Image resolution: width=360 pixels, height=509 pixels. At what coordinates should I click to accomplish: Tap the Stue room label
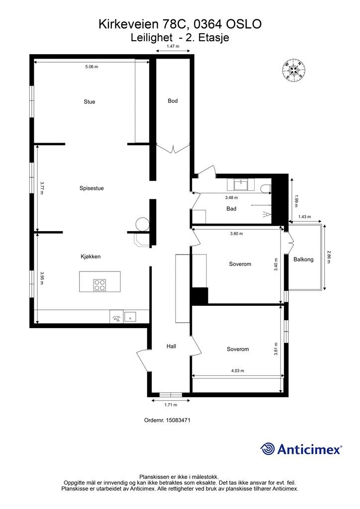pyautogui.click(x=90, y=101)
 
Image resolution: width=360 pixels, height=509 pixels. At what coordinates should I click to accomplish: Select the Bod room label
pyautogui.click(x=173, y=101)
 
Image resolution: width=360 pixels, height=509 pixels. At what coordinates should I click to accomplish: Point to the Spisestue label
pyautogui.click(x=91, y=188)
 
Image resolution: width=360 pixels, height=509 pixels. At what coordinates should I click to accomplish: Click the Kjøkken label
pyautogui.click(x=90, y=256)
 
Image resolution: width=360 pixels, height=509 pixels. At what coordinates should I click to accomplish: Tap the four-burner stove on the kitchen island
pyautogui.click(x=99, y=285)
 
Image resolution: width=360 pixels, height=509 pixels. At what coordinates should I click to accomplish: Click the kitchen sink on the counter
pyautogui.click(x=130, y=317)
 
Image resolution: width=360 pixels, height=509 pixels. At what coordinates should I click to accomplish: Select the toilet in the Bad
pyautogui.click(x=266, y=188)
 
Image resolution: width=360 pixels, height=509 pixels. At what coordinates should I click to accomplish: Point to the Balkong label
pyautogui.click(x=303, y=259)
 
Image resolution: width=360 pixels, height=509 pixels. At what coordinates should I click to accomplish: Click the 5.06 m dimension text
pyautogui.click(x=91, y=67)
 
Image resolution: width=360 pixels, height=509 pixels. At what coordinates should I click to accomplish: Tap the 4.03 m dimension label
pyautogui.click(x=238, y=371)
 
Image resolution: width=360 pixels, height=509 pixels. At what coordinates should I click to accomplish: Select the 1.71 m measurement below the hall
pyautogui.click(x=171, y=405)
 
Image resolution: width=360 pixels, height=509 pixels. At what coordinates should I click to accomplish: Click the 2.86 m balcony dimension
pyautogui.click(x=329, y=256)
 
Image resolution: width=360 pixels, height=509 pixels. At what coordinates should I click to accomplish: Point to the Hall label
pyautogui.click(x=172, y=346)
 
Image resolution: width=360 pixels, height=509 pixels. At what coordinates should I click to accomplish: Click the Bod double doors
pyautogui.click(x=173, y=149)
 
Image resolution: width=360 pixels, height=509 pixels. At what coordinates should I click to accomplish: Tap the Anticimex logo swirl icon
pyautogui.click(x=267, y=449)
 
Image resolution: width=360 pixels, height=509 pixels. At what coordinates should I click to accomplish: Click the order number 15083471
pyautogui.click(x=179, y=420)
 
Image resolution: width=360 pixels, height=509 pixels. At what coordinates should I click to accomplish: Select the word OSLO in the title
pyautogui.click(x=244, y=24)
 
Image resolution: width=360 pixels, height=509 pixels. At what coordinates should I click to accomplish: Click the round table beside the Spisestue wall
pyautogui.click(x=142, y=224)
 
